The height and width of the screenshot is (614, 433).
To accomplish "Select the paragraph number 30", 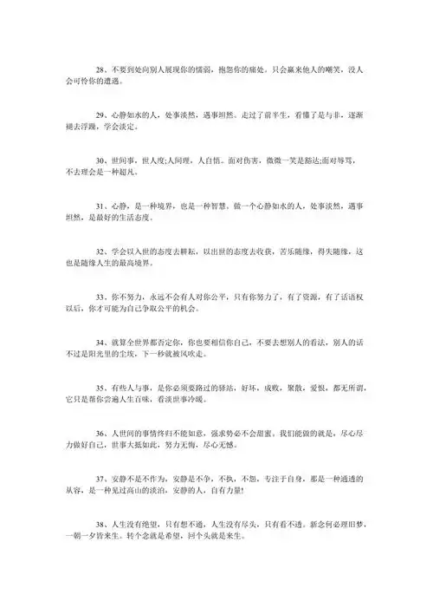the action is (x=100, y=160).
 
